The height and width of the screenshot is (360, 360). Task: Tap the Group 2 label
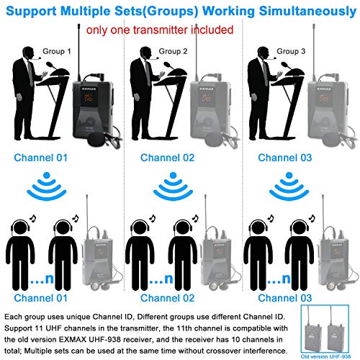coord(174,51)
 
